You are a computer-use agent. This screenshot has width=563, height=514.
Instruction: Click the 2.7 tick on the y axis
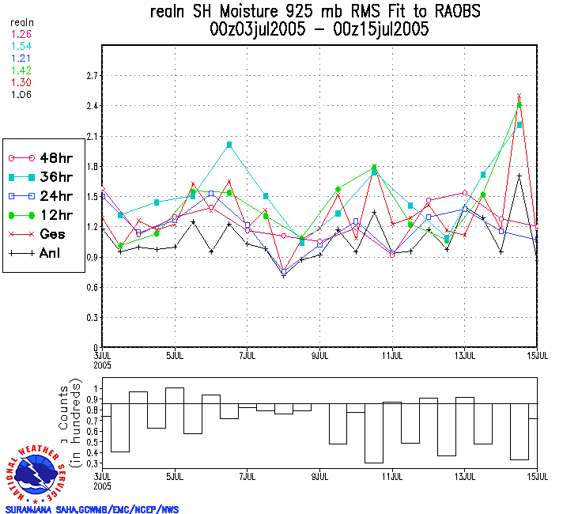pos(92,76)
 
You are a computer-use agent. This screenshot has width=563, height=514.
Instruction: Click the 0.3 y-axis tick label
pos(92,317)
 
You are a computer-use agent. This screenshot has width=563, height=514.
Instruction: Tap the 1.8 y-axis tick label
pos(92,166)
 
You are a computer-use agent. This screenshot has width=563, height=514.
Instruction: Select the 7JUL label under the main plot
pos(247,354)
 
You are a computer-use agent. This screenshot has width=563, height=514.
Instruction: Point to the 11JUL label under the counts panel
pos(393,477)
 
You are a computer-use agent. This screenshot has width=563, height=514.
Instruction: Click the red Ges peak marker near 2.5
pos(519,96)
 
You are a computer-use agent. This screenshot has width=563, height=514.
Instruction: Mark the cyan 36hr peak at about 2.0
pos(229,145)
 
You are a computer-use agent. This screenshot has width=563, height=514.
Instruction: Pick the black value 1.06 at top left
pos(21,94)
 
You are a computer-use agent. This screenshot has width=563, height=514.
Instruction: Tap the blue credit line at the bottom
pos(92,509)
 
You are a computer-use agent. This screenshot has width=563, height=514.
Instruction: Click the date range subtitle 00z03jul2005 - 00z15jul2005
pos(319,30)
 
